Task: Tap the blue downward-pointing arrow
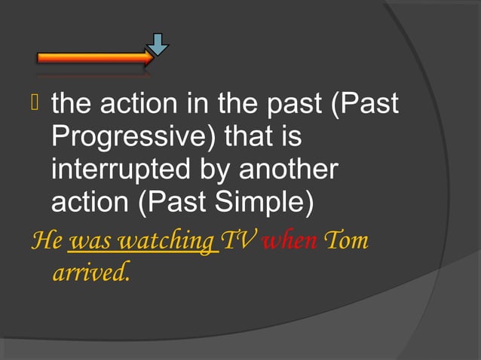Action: pos(158,44)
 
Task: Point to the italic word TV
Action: pos(238,243)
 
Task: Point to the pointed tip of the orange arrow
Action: pos(154,57)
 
